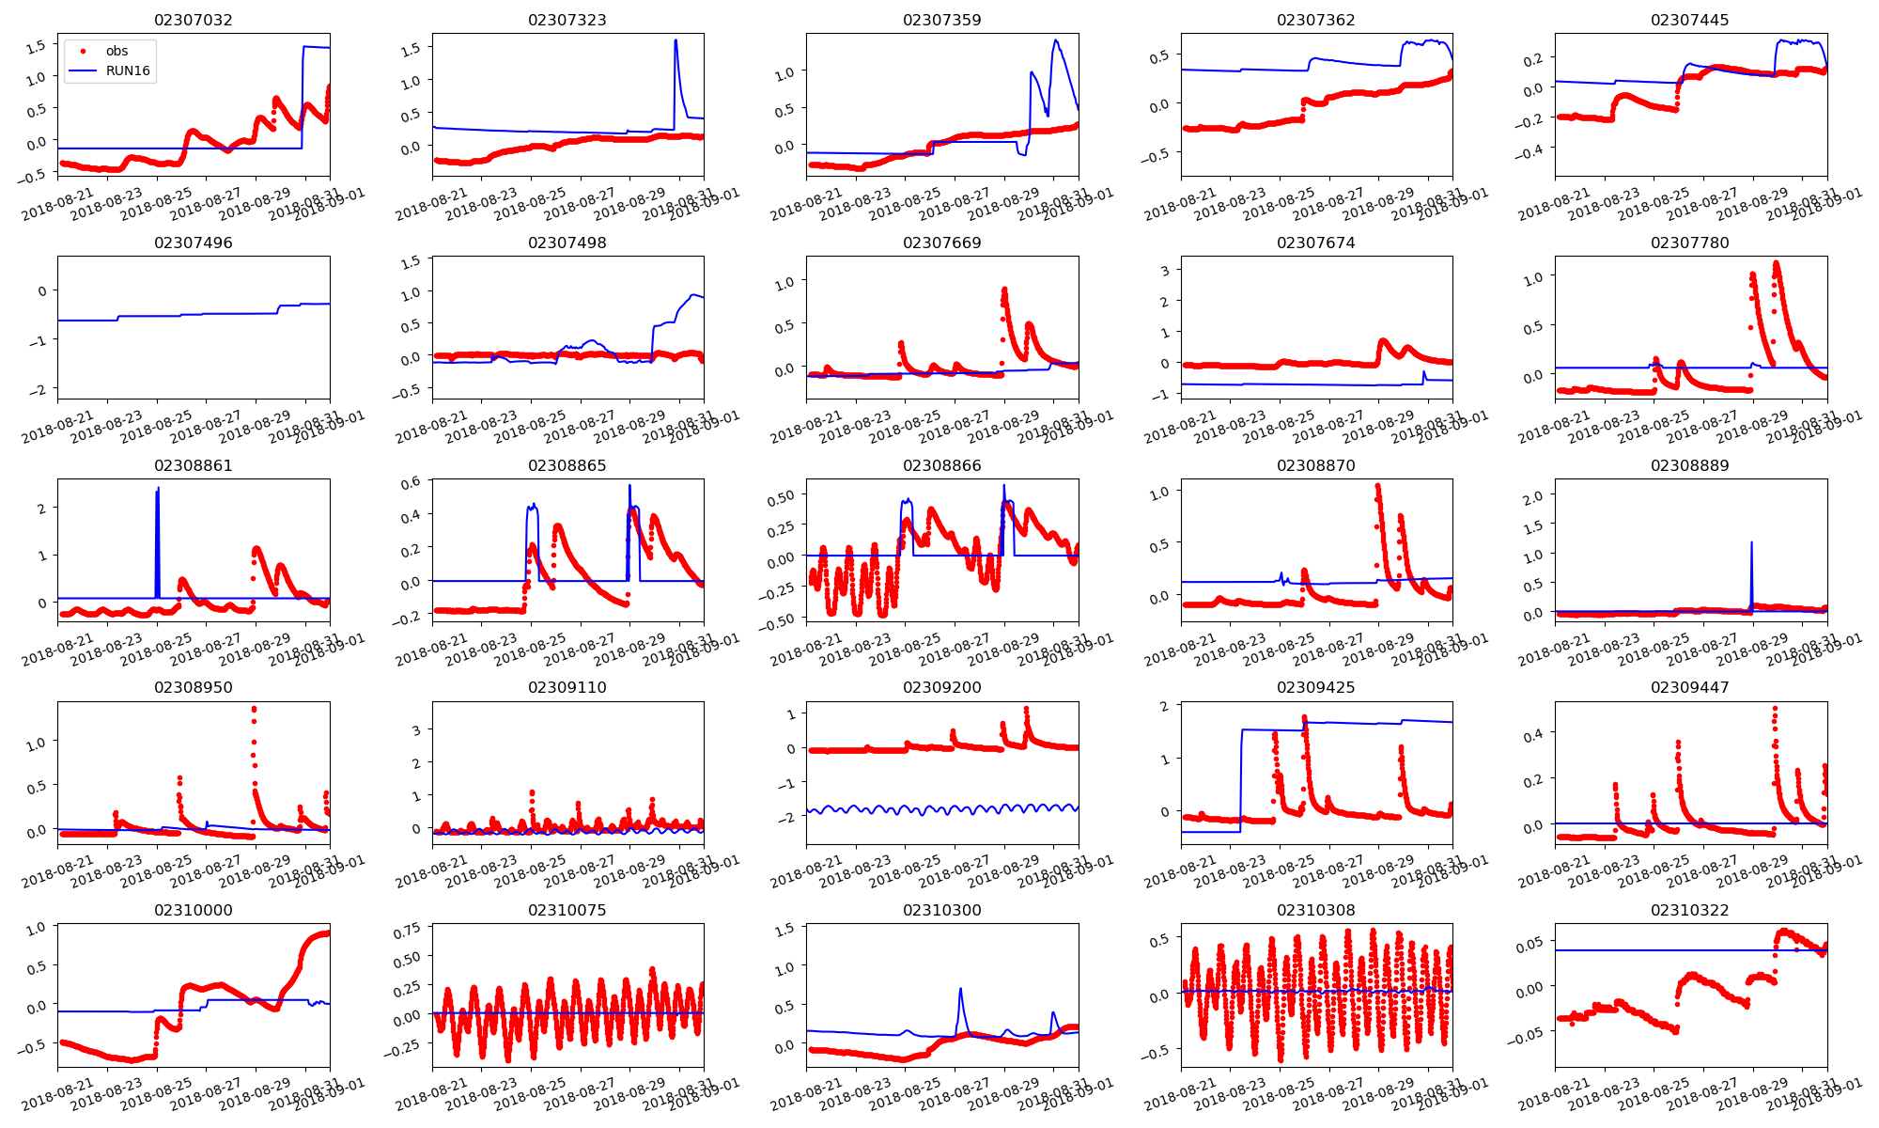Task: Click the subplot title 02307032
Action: point(193,20)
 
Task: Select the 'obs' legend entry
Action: point(116,51)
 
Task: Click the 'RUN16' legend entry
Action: point(128,71)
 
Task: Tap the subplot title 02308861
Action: point(193,465)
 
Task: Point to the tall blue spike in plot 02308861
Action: point(158,490)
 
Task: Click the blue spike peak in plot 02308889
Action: point(1751,542)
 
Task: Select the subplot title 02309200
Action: point(941,687)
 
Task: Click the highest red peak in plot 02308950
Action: point(254,709)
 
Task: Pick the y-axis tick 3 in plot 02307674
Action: point(1165,271)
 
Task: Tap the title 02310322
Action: point(1689,910)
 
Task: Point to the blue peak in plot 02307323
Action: point(676,40)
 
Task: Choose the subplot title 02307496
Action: point(193,243)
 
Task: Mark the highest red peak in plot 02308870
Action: point(1377,486)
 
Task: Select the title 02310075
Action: point(567,910)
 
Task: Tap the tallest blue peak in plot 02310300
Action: point(960,989)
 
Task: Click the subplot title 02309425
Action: point(1315,687)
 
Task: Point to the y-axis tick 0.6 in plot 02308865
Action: point(411,483)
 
